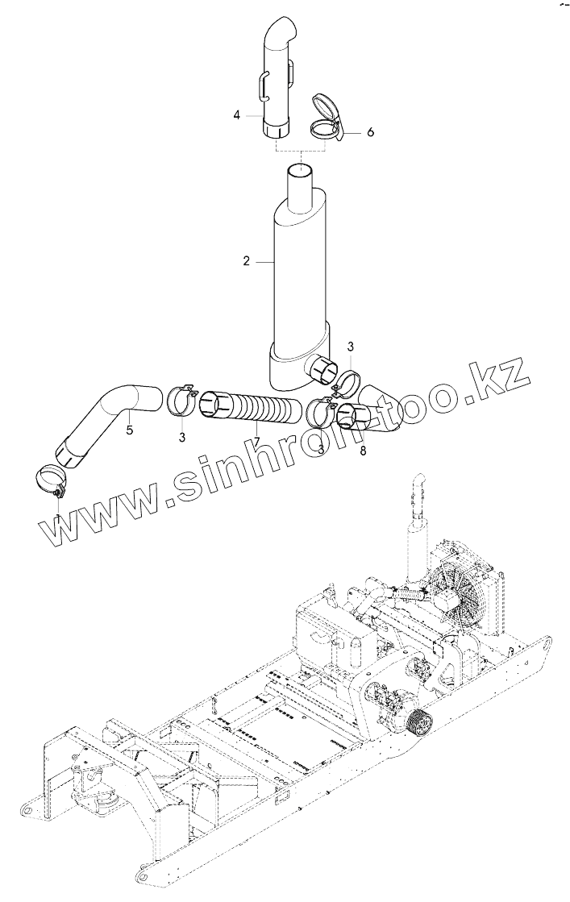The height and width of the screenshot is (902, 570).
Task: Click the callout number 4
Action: point(237,115)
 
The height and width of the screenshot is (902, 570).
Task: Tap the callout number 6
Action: point(370,132)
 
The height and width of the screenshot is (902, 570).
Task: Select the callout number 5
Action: point(129,430)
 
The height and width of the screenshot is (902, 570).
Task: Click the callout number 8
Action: point(363,451)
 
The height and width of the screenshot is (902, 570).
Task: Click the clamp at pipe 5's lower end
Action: point(53,480)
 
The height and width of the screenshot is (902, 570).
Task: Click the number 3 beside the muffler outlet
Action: point(350,346)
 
